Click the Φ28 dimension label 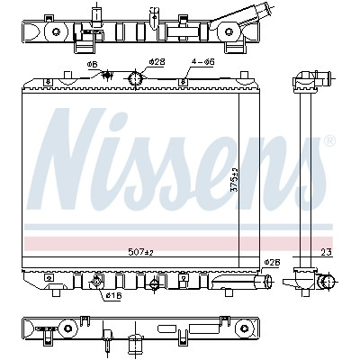tap(157, 62)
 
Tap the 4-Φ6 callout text tap(202, 62)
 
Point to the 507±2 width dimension tap(140, 253)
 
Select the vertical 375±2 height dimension tap(234, 180)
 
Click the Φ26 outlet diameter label tap(272, 262)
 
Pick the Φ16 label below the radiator tap(113, 296)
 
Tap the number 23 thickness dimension tap(327, 252)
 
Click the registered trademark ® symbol tap(329, 140)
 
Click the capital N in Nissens tap(67, 159)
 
